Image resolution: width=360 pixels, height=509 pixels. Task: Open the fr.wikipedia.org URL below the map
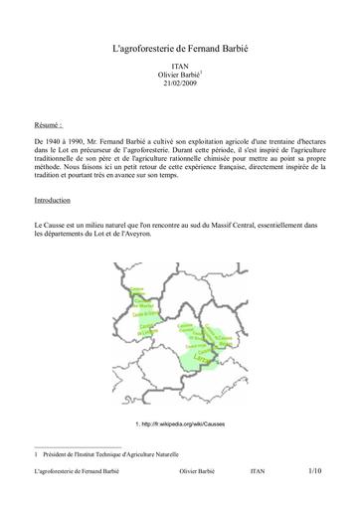184,424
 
